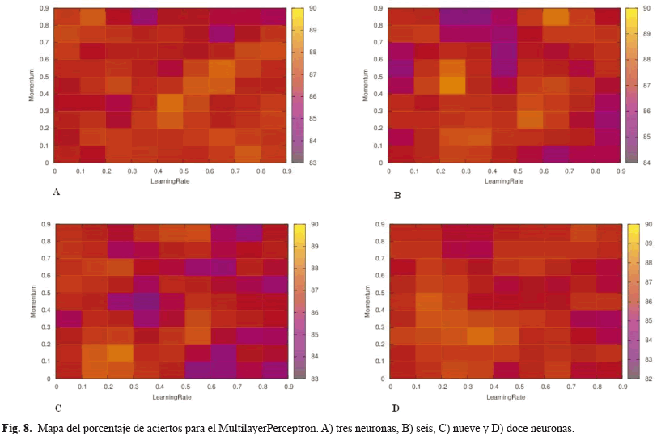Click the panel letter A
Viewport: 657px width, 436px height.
[x=56, y=193]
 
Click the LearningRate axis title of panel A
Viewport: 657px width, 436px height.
[x=172, y=181]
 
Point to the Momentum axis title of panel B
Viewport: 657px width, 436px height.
[x=365, y=86]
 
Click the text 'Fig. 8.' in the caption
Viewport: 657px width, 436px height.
[x=18, y=426]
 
